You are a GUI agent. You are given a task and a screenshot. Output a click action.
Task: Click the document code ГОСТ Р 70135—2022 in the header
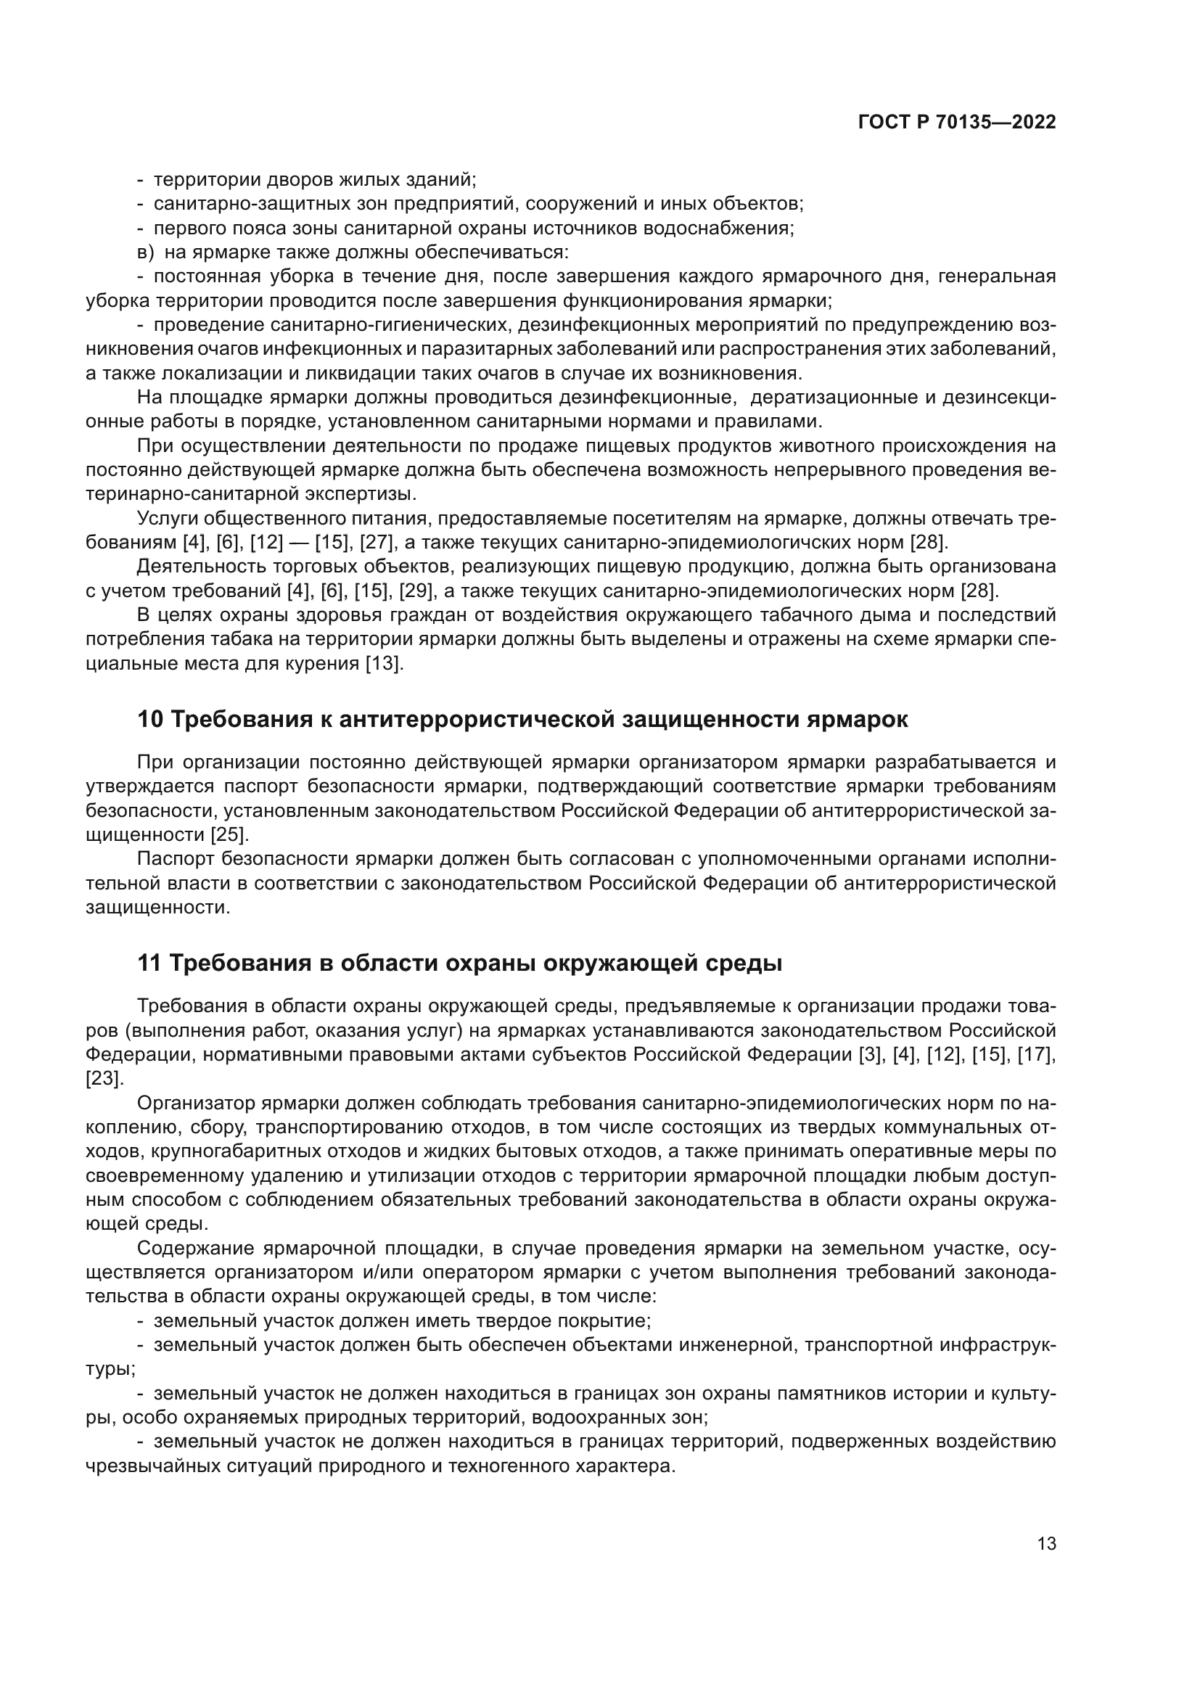point(957,123)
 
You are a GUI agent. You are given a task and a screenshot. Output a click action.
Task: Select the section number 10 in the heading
point(150,720)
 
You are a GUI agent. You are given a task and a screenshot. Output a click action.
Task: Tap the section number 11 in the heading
point(149,963)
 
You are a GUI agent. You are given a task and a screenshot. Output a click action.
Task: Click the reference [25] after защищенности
point(230,834)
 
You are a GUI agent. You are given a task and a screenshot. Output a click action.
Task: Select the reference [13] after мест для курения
point(385,664)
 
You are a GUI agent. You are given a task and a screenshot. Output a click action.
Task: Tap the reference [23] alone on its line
point(104,1078)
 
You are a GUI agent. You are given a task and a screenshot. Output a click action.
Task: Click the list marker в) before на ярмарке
point(146,252)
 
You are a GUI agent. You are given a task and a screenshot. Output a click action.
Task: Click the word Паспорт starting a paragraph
point(176,859)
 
